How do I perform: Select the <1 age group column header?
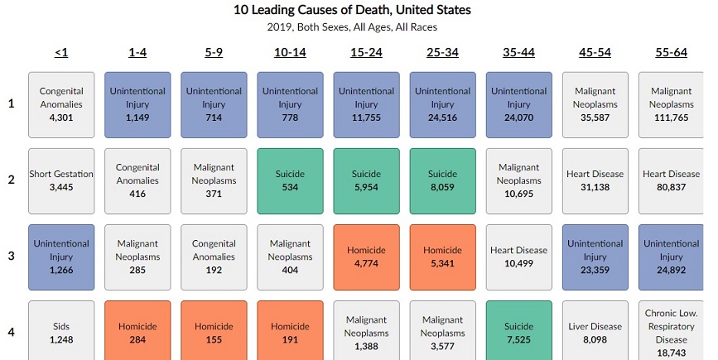click(x=61, y=53)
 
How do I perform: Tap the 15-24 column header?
click(x=366, y=53)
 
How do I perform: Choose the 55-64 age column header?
click(x=671, y=53)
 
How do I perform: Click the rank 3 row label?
click(x=11, y=257)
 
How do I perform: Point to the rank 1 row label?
click(x=11, y=104)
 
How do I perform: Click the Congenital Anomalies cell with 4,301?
click(x=61, y=104)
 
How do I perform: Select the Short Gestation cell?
click(x=61, y=180)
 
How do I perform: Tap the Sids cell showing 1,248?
click(x=61, y=332)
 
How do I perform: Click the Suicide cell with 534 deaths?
click(x=290, y=180)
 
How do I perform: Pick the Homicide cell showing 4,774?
click(x=366, y=257)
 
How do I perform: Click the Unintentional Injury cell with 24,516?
click(x=442, y=104)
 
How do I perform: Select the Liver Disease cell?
click(x=595, y=332)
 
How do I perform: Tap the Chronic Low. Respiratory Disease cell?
click(x=671, y=332)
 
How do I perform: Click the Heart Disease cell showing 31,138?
click(x=595, y=180)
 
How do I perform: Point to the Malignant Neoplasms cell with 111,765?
click(x=671, y=104)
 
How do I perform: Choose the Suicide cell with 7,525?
click(x=518, y=332)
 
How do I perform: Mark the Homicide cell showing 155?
click(x=214, y=332)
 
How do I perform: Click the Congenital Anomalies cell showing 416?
click(x=137, y=180)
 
